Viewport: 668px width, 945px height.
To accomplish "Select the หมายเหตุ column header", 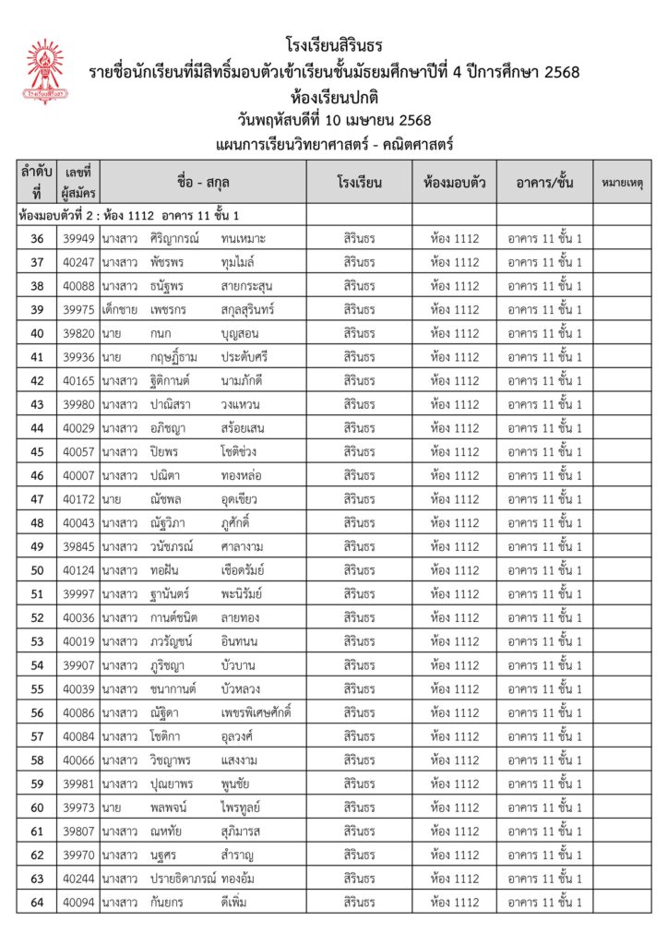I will click(622, 182).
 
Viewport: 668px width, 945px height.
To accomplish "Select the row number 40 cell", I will click(37, 333).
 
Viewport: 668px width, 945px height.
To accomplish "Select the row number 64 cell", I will click(37, 902).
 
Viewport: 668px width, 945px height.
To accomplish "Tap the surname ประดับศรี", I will click(249, 357).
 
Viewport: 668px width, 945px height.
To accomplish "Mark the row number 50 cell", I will click(37, 570).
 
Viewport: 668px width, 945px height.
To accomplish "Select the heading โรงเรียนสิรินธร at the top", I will click(334, 44).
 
